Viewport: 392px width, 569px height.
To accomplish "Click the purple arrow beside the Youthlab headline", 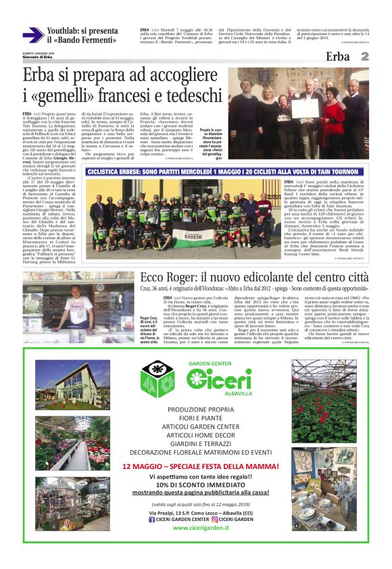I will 32,35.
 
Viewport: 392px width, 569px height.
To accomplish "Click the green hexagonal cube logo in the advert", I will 157,378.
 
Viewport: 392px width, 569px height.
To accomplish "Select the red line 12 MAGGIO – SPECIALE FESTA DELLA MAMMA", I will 198,466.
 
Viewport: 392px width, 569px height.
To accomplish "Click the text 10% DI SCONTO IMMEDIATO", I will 198,485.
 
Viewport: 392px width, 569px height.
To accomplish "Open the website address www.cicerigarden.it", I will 198,527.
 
